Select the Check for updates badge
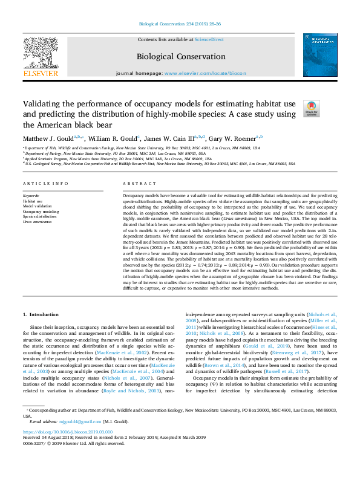point(310,109)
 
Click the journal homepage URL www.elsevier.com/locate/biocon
point(205,73)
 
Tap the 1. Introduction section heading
point(41,314)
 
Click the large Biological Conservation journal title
point(181,57)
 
